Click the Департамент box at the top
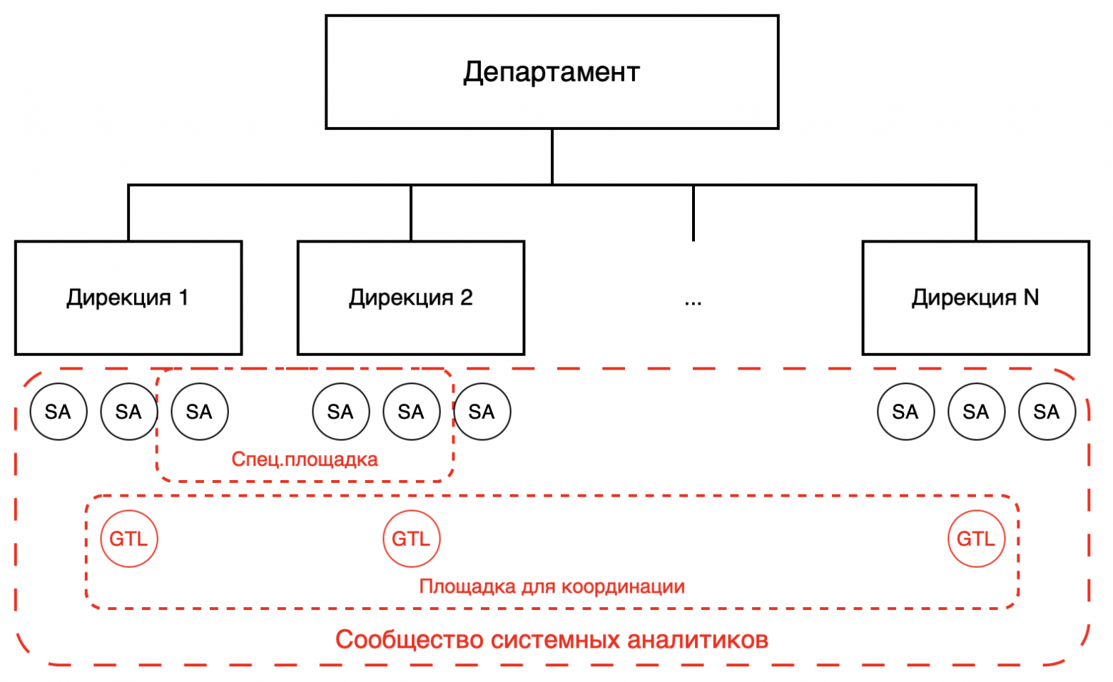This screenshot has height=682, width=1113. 552,72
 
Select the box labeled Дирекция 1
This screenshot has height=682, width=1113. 128,297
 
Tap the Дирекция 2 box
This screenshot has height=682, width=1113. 411,297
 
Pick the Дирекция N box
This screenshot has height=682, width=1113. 975,297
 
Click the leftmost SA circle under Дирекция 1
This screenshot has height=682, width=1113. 59,412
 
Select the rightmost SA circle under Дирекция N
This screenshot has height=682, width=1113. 1047,412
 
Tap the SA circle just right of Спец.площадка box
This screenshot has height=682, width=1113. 482,412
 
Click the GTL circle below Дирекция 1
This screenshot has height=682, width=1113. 128,539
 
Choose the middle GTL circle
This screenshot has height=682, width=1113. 411,539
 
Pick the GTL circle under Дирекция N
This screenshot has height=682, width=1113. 976,539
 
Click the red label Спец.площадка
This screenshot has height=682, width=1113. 305,459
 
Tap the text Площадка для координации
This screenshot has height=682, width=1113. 552,586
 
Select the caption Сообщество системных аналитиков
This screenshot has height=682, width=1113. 552,639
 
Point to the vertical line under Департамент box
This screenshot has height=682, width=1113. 552,157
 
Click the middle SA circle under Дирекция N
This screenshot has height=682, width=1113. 976,412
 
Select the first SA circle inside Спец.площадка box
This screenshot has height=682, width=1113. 200,412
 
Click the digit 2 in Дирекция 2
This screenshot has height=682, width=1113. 466,297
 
